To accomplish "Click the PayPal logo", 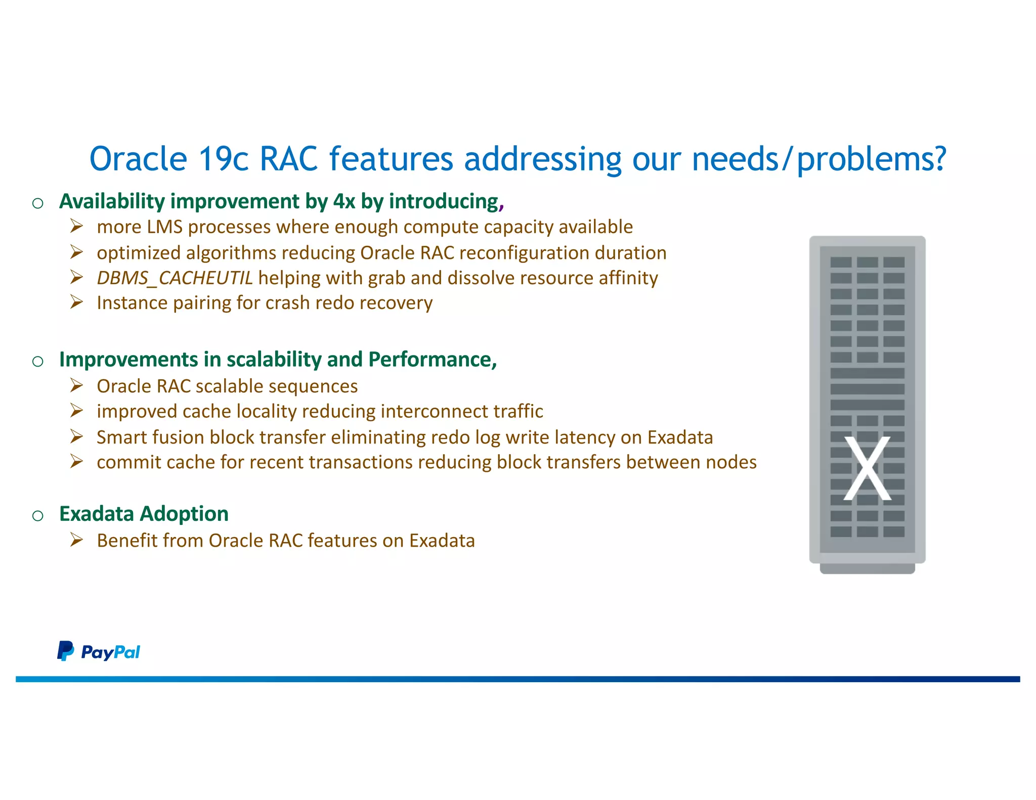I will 99,651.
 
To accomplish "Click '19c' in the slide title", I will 223,159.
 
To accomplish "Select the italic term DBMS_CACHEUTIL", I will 175,278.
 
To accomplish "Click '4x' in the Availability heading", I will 344,201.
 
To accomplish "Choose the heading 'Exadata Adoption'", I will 144,514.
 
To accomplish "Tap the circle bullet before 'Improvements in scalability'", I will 38,361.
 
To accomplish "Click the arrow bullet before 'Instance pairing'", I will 76,302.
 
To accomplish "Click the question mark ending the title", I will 940,159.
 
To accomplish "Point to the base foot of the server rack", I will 867,569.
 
